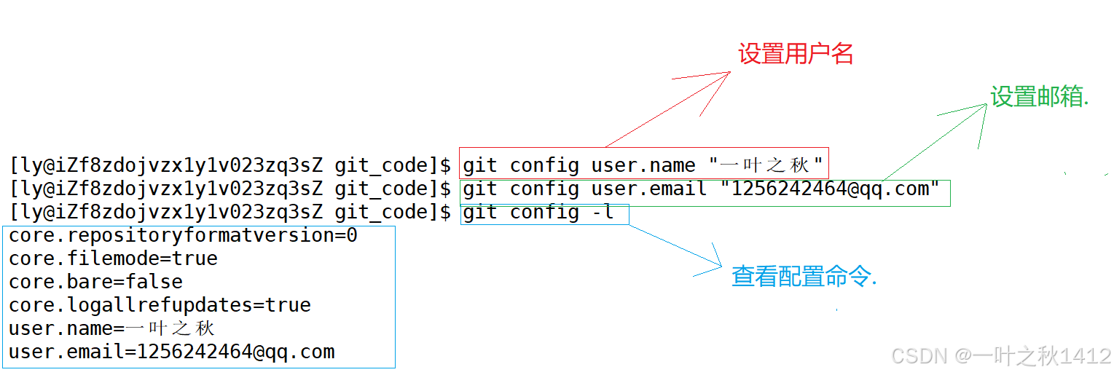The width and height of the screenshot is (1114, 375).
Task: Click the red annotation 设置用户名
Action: click(796, 54)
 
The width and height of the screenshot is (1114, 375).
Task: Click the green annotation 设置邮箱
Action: click(1039, 96)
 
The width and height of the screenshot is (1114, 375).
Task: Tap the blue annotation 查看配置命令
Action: click(804, 277)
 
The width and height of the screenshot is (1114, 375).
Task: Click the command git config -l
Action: click(538, 213)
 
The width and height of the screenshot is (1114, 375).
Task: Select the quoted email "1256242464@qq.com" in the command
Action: click(831, 189)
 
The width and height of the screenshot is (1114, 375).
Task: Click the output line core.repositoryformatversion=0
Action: click(183, 235)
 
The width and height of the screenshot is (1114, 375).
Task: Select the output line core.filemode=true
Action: click(113, 258)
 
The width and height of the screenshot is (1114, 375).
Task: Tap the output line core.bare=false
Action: click(95, 282)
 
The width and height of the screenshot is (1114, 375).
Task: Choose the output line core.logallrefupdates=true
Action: click(160, 305)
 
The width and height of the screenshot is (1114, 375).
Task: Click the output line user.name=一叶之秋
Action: click(111, 328)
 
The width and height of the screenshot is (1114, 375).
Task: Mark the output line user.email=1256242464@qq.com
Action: click(171, 352)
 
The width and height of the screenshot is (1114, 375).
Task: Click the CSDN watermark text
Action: click(1001, 356)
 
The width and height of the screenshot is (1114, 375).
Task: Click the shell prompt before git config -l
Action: click(230, 213)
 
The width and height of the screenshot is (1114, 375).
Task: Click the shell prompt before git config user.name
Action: click(230, 166)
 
